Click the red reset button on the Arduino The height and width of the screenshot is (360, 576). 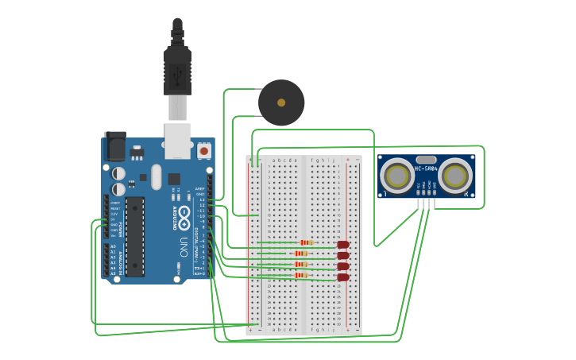[x=204, y=150]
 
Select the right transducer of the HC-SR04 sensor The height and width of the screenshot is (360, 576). [x=456, y=176]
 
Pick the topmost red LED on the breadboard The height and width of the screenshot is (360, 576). [x=343, y=246]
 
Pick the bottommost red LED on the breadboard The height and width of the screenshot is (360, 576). [x=343, y=277]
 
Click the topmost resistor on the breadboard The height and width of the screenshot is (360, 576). [x=303, y=243]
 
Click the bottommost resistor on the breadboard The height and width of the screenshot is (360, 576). [x=302, y=275]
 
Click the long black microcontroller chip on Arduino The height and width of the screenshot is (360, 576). [x=134, y=236]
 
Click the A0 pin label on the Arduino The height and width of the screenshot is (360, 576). [x=113, y=246]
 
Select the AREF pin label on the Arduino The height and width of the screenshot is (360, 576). [x=200, y=188]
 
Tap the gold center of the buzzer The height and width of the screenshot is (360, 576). [x=281, y=103]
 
